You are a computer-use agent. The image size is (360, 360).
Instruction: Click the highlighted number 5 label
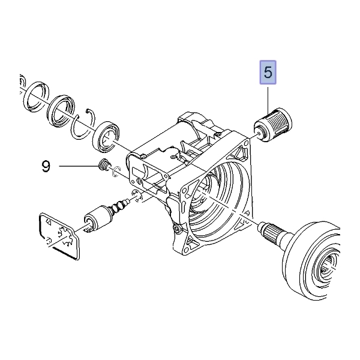pyautogui.click(x=268, y=73)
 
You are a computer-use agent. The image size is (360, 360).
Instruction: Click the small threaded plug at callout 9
pyautogui.click(x=105, y=167)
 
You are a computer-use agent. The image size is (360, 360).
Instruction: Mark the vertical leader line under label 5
pyautogui.click(x=268, y=96)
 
